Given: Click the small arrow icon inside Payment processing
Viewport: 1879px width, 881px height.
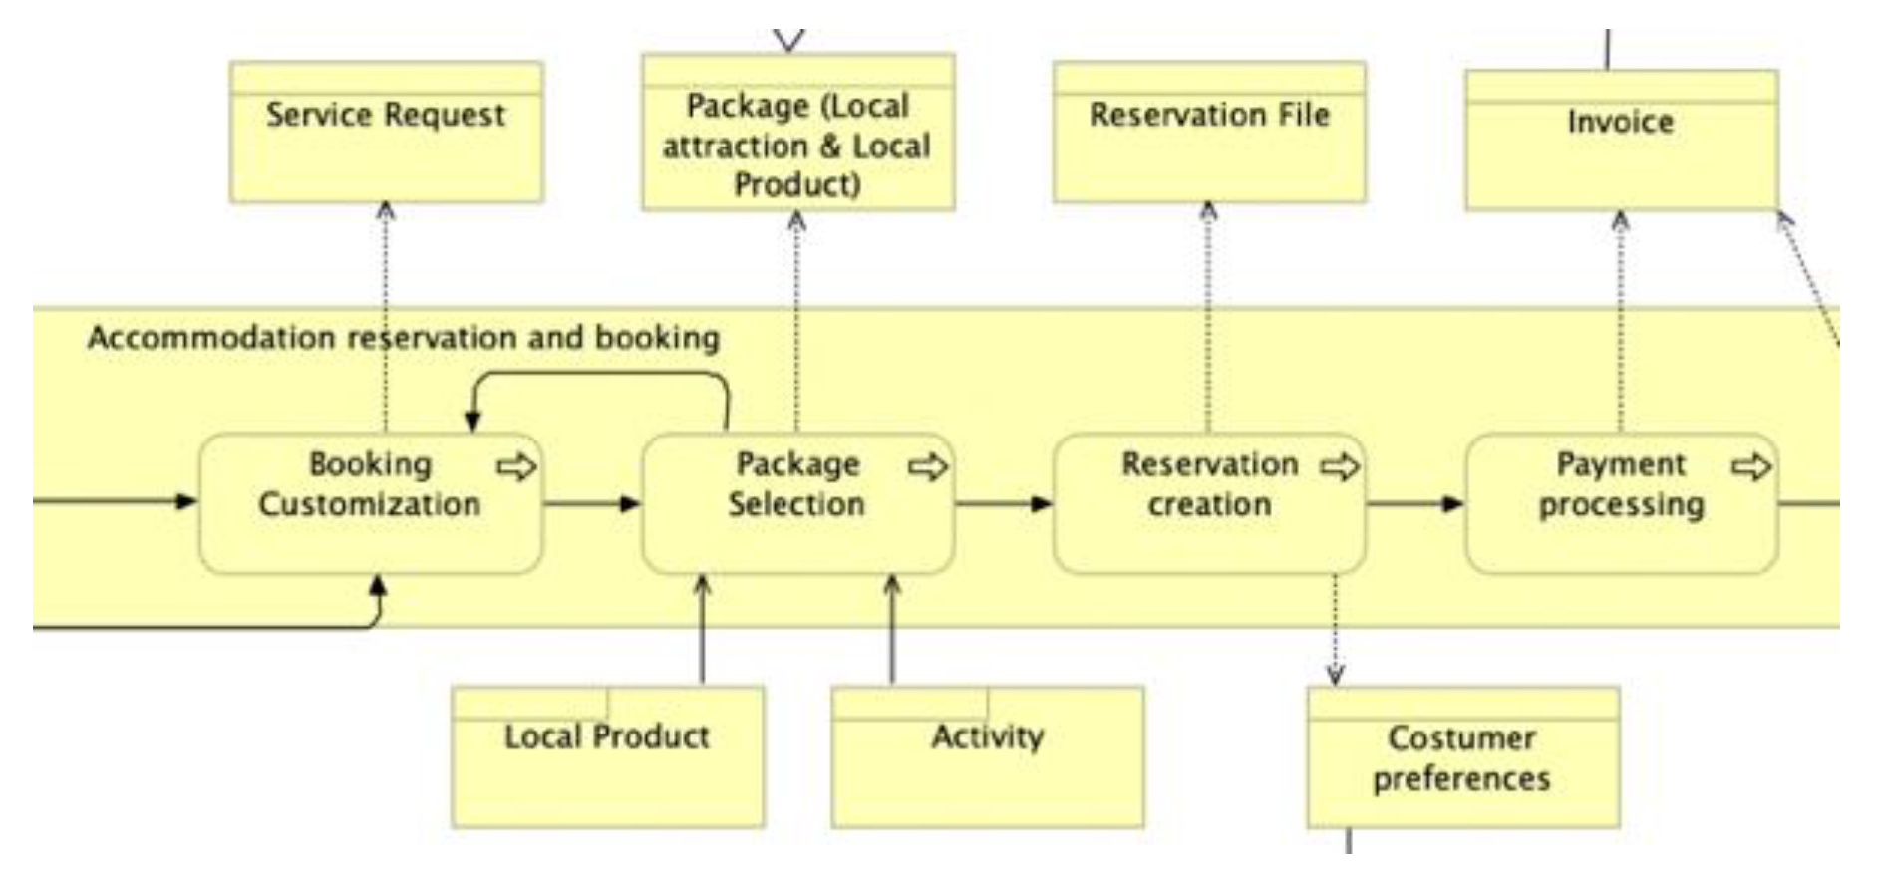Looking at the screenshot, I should [x=1751, y=466].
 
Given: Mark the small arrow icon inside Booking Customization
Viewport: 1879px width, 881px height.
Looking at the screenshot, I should [x=516, y=466].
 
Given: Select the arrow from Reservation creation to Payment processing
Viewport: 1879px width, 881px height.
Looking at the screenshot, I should [x=1414, y=503].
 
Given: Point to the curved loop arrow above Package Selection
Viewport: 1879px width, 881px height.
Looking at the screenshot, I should [x=598, y=375].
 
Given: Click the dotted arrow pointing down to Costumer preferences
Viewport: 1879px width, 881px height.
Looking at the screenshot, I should [x=1335, y=628].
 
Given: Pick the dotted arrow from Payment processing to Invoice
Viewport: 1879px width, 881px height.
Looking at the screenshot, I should [x=1621, y=319].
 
